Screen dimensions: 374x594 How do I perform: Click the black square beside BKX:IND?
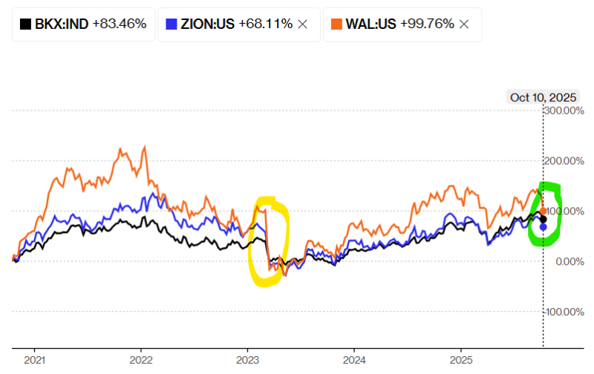[x=25, y=24]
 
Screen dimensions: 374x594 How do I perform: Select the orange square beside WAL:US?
[x=336, y=24]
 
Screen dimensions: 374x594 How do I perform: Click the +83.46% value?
[x=120, y=24]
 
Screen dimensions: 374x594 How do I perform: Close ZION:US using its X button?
[x=302, y=24]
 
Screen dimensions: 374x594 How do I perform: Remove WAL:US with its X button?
[x=464, y=24]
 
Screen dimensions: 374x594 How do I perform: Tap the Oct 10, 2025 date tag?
[x=543, y=97]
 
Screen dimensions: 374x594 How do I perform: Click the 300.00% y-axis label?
[x=564, y=111]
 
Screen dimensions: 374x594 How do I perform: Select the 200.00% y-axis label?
[x=564, y=161]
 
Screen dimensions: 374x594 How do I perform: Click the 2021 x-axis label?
[x=34, y=361]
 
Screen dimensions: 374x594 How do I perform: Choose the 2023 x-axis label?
[x=247, y=361]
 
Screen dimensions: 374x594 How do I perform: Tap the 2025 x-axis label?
[x=461, y=361]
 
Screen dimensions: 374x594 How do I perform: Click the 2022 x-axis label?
[x=141, y=361]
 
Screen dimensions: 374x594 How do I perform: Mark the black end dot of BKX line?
[x=543, y=219]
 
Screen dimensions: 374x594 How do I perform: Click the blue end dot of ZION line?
[x=543, y=226]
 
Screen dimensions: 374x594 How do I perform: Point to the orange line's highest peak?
[x=144, y=146]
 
